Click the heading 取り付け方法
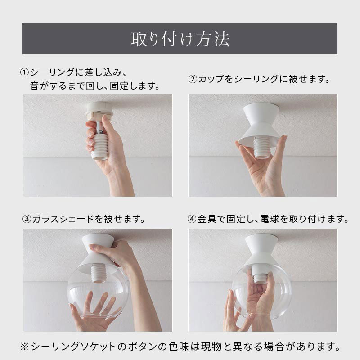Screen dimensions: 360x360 coord(180,39)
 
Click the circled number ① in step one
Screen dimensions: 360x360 coord(24,73)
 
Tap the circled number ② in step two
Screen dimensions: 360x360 coord(193,79)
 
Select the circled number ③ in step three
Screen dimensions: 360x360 coord(27,219)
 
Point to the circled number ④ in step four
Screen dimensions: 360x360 coord(192,219)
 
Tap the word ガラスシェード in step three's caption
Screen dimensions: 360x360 coord(63,219)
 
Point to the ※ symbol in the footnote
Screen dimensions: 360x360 coord(24,346)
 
